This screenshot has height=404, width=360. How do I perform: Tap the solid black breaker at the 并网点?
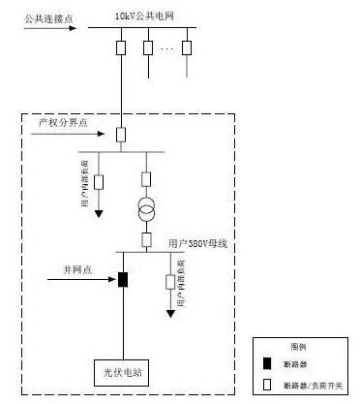[x=122, y=281]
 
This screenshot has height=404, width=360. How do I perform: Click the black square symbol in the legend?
[x=269, y=362]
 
